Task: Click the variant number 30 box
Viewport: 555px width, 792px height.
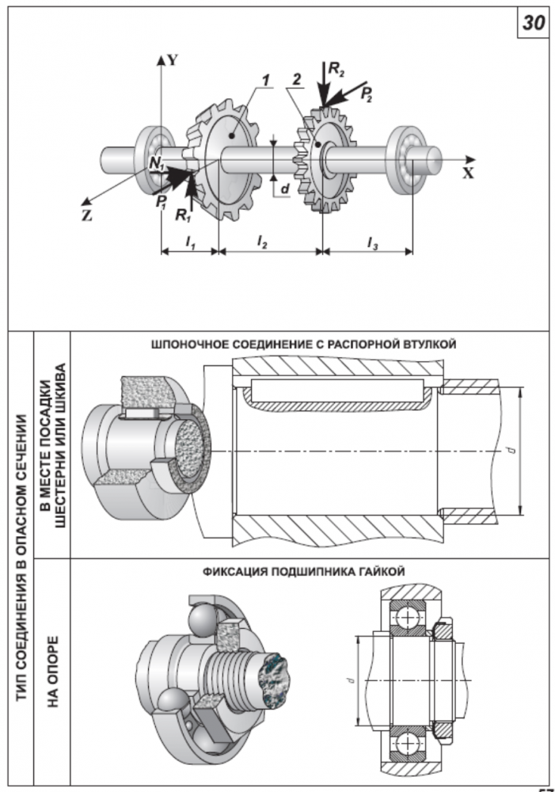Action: (x=533, y=24)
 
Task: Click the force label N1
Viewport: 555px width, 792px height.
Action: (x=157, y=164)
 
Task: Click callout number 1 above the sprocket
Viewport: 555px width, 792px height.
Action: (x=268, y=81)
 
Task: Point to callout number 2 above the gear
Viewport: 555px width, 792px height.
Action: (x=296, y=81)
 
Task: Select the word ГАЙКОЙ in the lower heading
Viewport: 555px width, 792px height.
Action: (x=385, y=571)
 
